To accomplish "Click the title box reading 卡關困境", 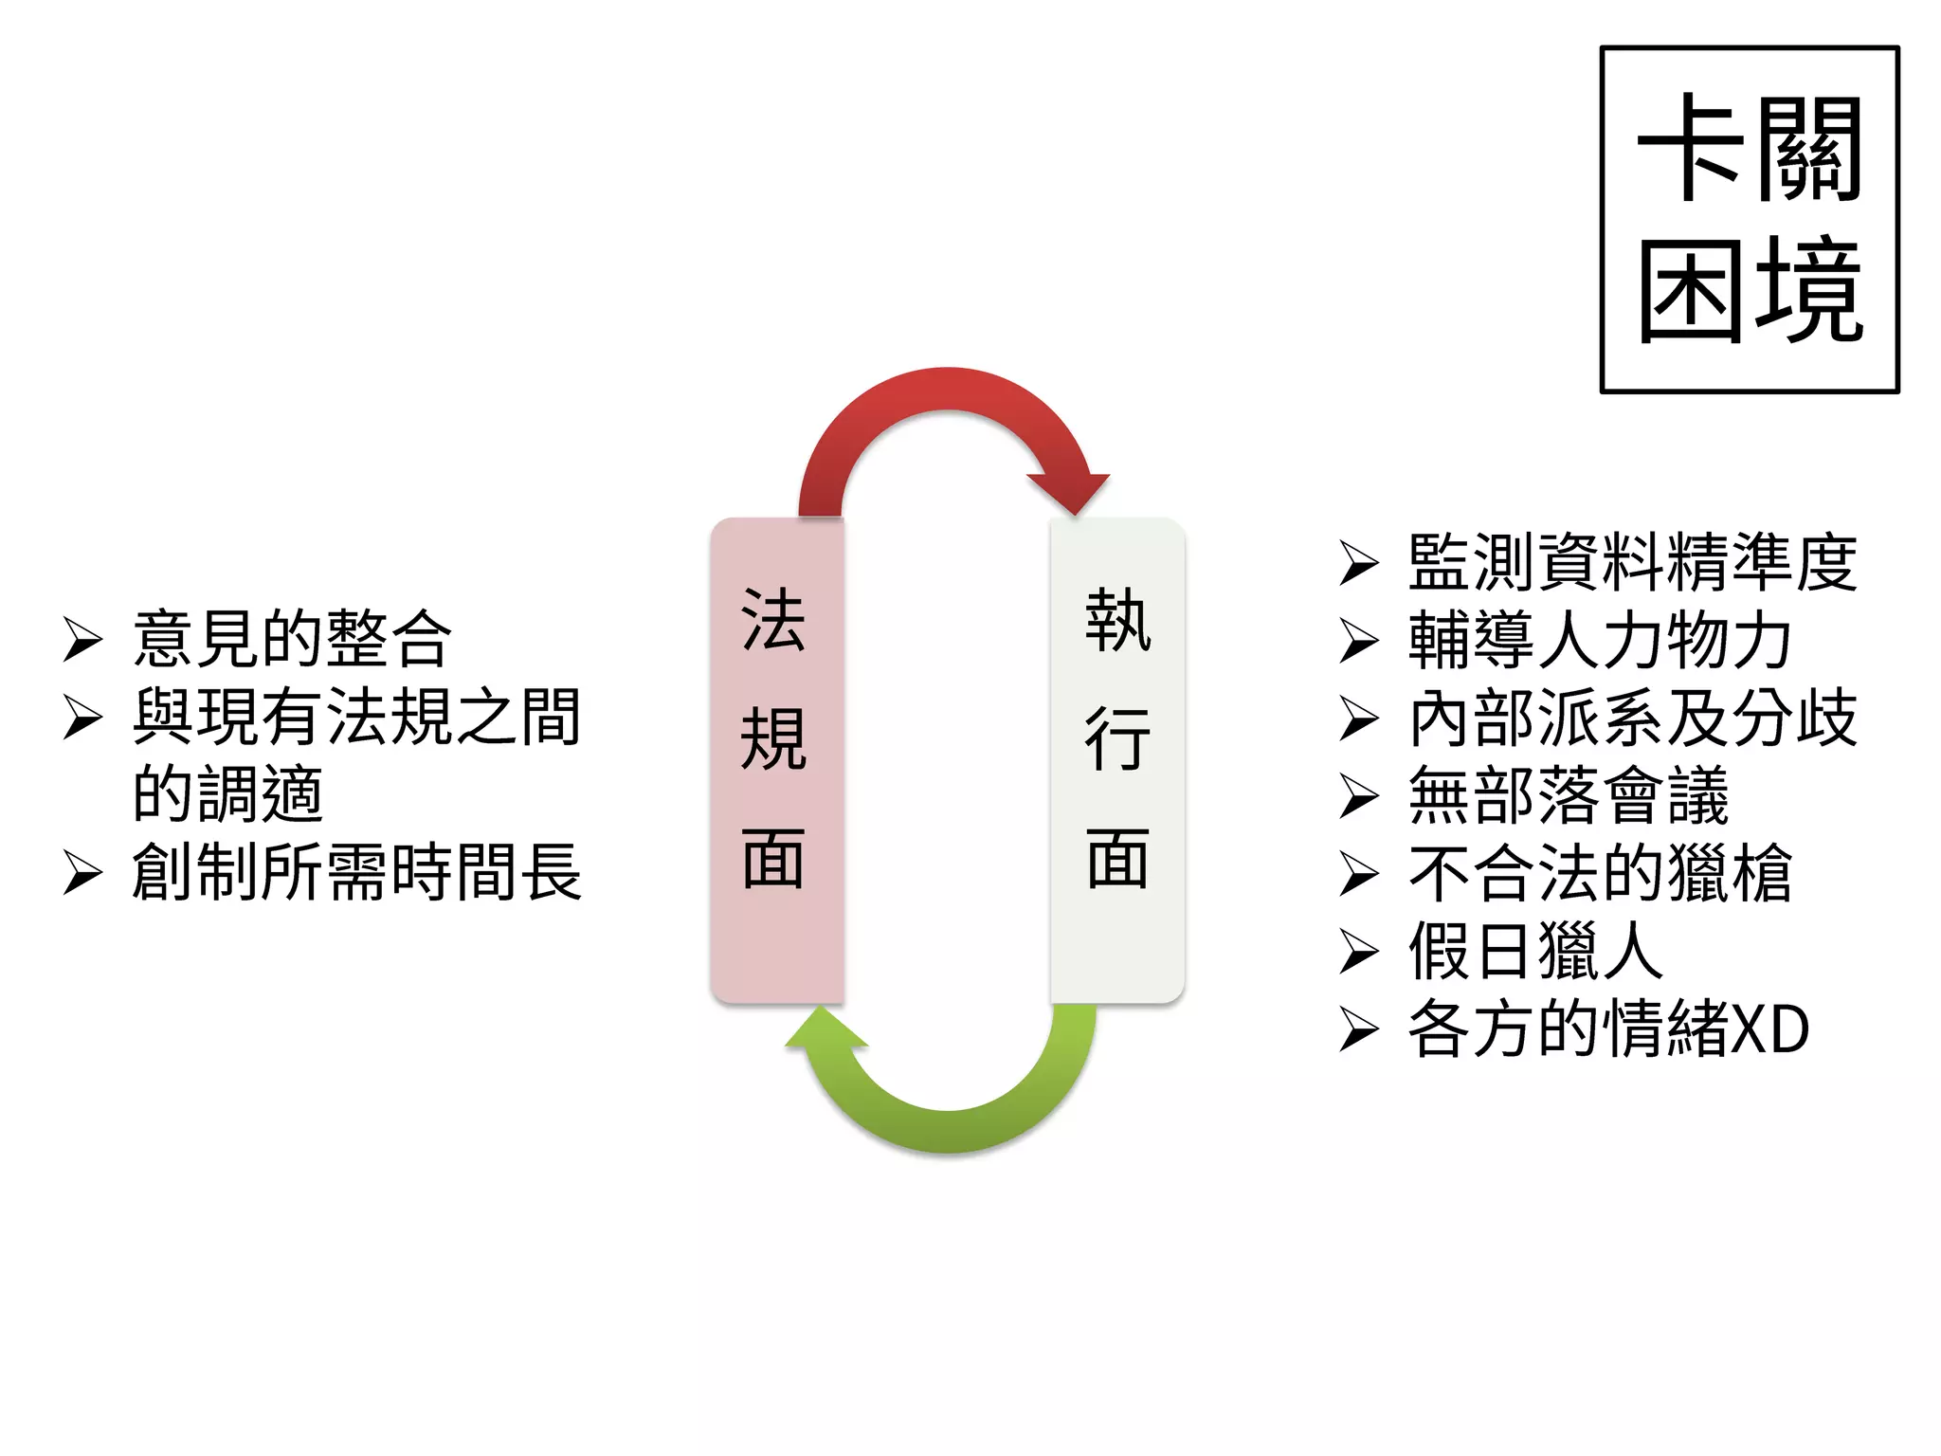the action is coord(1749,219).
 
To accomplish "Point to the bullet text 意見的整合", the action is coord(292,639).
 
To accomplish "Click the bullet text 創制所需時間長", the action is coord(356,872).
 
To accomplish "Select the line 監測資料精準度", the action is coord(1632,563).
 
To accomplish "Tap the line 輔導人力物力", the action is coord(1600,641).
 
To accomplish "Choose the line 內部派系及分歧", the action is coord(1632,719).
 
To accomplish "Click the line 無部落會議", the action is coord(1569,796).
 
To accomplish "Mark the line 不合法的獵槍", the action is coord(1600,874).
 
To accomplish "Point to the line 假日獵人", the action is coord(1535,952).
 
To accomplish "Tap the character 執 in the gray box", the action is coord(1118,621).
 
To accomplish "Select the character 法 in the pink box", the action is coord(773,621).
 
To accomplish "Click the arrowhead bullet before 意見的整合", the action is coord(83,640).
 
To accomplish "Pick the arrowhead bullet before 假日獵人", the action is coord(1359,953).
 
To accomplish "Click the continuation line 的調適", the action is coord(227,794).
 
